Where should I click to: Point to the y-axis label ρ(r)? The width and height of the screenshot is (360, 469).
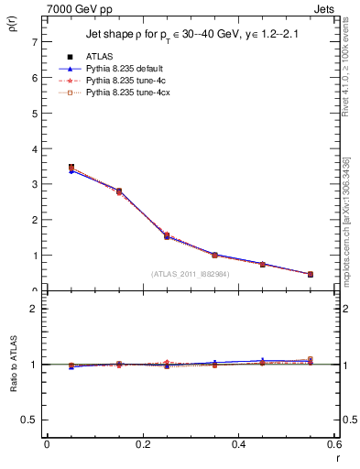(x=11, y=28)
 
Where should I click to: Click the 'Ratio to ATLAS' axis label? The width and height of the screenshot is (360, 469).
(x=11, y=364)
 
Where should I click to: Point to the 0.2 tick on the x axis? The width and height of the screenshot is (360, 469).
(x=142, y=444)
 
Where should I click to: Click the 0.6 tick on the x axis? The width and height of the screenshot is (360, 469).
(x=333, y=444)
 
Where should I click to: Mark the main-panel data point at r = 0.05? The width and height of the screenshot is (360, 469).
(x=71, y=168)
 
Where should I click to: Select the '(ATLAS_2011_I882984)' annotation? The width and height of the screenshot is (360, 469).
(x=190, y=273)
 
